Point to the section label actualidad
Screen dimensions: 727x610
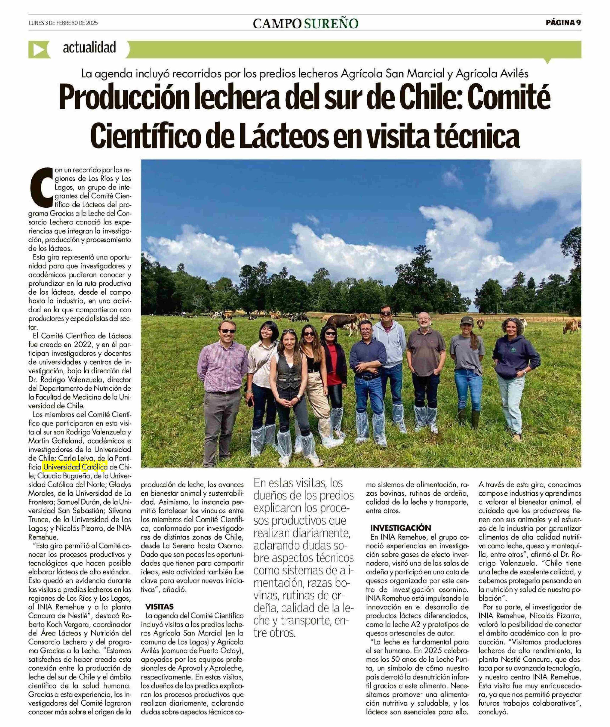point(89,48)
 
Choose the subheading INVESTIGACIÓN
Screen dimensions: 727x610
point(400,528)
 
